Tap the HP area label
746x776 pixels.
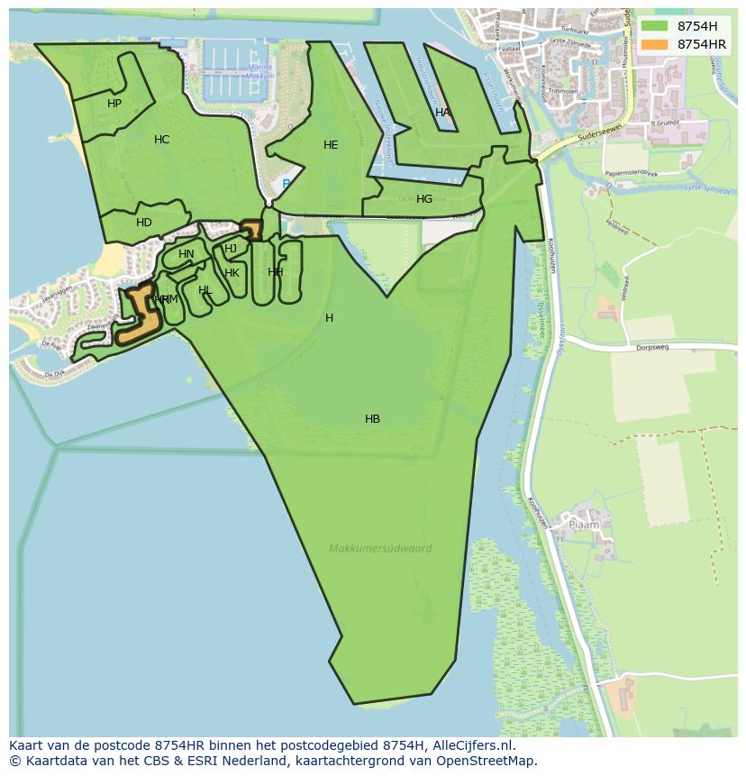coord(114,104)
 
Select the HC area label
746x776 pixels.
coord(162,140)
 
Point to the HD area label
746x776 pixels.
coord(144,223)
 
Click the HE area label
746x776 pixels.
coord(331,145)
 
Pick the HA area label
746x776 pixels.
coord(442,113)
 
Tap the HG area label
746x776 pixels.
coord(424,199)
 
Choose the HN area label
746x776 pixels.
coord(186,254)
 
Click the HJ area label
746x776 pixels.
coord(231,249)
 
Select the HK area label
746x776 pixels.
coord(232,273)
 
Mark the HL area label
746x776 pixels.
coord(205,290)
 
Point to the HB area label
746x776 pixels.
coord(372,419)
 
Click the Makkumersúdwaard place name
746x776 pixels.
coord(380,548)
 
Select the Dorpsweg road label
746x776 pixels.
coord(655,347)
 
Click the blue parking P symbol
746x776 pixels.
coord(287,184)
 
